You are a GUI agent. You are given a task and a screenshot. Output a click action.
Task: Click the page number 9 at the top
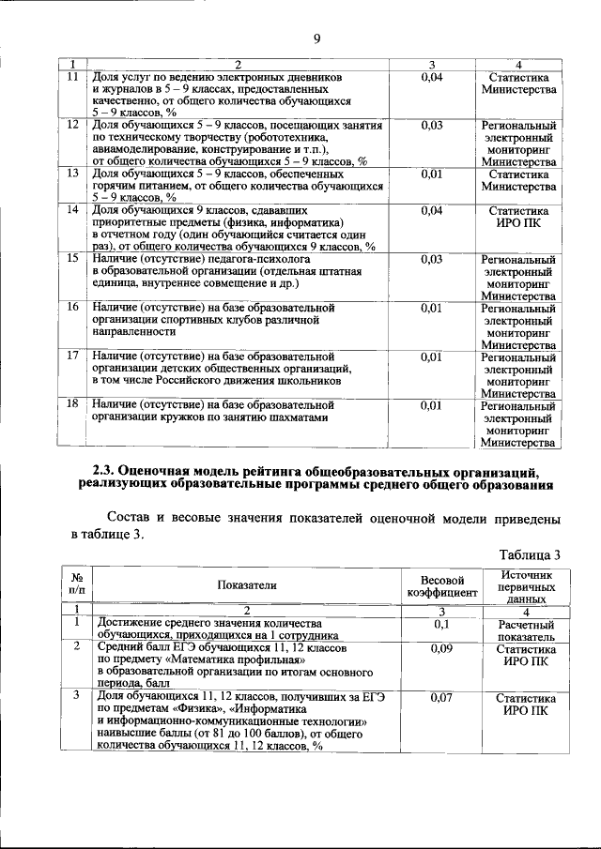[317, 38]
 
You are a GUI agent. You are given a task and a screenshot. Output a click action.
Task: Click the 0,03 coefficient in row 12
[432, 125]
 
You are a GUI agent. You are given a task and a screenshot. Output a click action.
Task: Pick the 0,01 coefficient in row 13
[432, 174]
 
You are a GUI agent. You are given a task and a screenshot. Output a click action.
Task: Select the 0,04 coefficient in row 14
[432, 210]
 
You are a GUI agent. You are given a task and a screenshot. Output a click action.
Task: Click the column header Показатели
[247, 584]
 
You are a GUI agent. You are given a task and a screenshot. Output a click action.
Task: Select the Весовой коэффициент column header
[441, 584]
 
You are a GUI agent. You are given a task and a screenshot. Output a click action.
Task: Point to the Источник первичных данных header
[526, 584]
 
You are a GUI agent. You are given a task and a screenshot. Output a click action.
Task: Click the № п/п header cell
[76, 584]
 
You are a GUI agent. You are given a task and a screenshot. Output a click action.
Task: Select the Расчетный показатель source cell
[526, 629]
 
